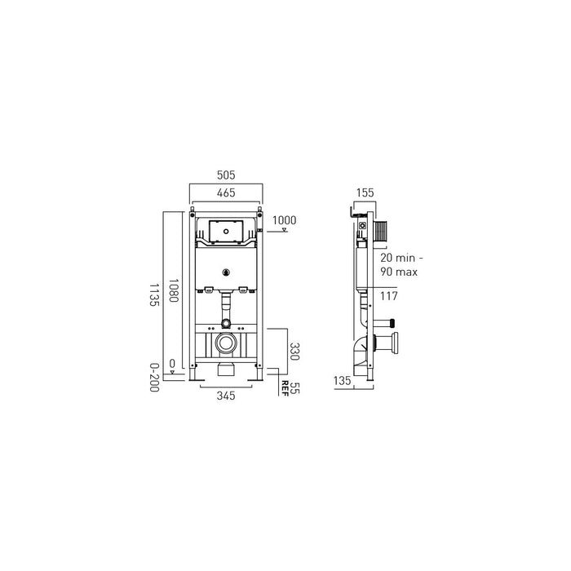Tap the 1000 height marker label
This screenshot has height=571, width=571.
[x=283, y=219]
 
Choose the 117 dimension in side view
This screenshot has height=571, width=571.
[x=388, y=296]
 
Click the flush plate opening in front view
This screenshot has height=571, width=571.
[x=224, y=232]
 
